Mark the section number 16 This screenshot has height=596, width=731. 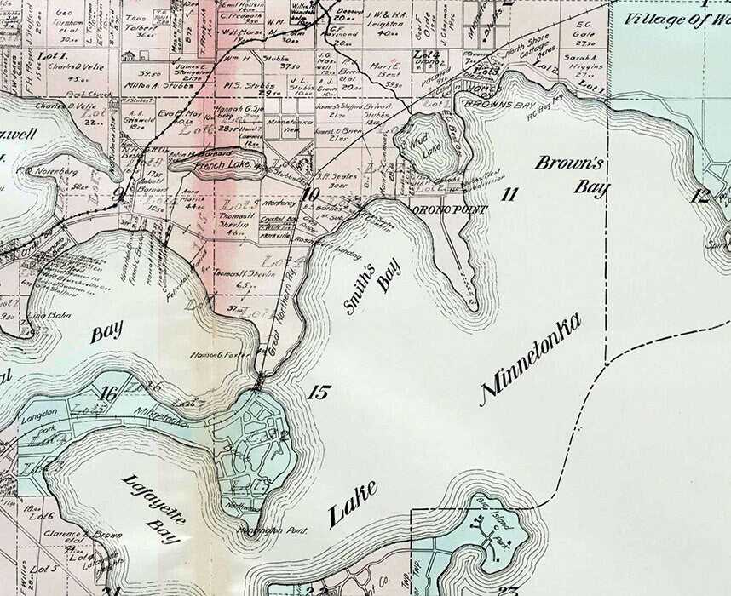(108, 393)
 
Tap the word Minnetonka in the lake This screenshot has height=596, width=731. (532, 358)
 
